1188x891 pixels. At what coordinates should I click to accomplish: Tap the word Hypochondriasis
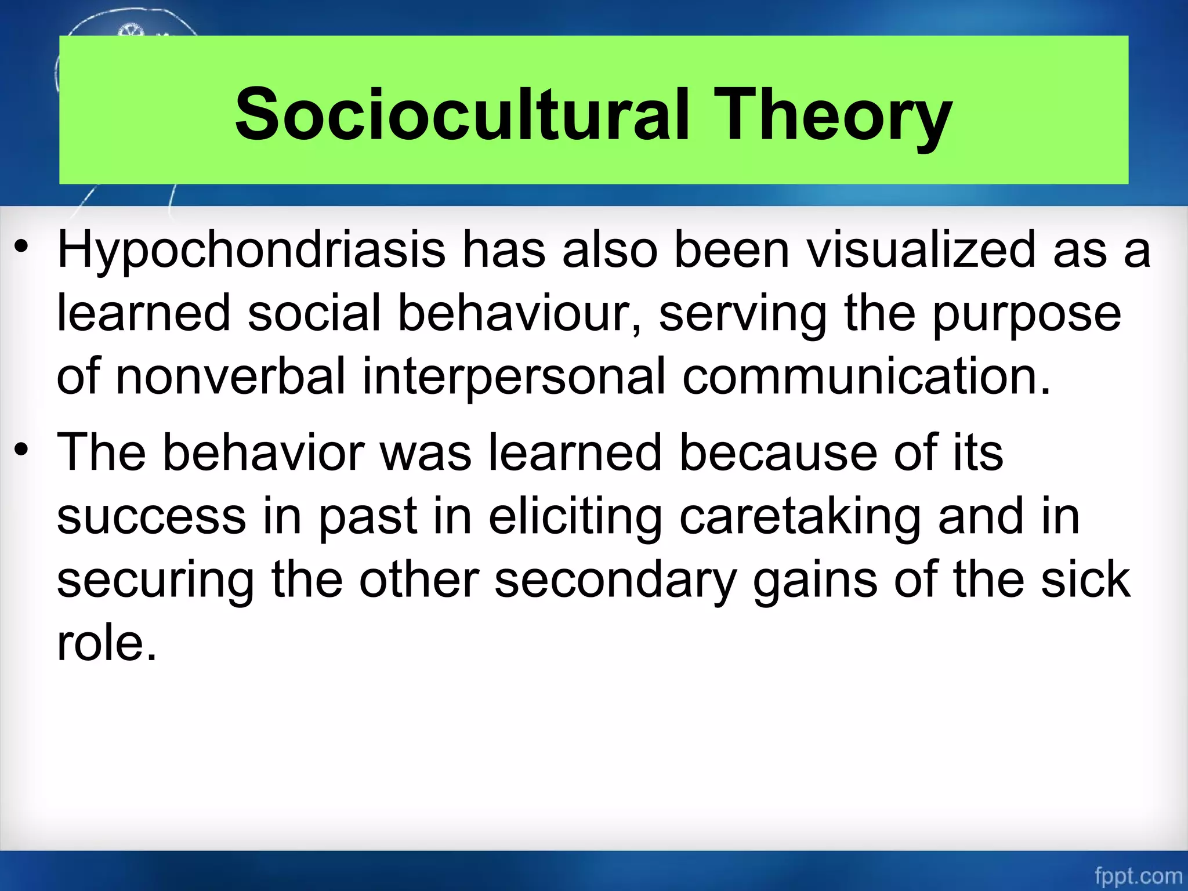pos(251,251)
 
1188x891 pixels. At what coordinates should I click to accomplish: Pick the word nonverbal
pos(231,376)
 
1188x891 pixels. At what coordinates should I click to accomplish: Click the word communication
pos(866,376)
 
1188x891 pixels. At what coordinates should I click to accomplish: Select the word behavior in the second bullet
pos(263,452)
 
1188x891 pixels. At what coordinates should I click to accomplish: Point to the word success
pos(151,516)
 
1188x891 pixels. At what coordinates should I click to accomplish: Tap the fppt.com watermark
pos(1138,875)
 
